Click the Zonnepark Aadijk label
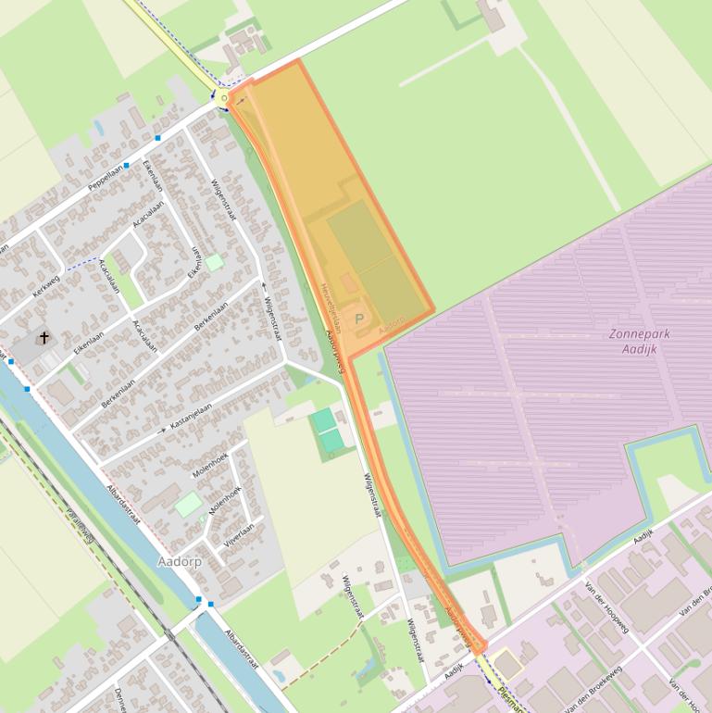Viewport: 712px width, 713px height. (640, 341)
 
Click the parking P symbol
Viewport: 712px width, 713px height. (359, 319)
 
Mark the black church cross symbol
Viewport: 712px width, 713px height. (44, 338)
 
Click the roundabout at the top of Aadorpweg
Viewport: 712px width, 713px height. (224, 97)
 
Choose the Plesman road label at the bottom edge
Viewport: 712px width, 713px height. (508, 700)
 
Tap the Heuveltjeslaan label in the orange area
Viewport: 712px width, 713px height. (331, 308)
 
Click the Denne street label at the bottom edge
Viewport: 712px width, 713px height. (119, 700)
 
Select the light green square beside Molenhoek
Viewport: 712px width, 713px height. (189, 505)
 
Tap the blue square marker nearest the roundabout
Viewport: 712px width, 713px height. (158, 138)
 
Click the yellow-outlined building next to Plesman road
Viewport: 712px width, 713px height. (507, 664)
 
